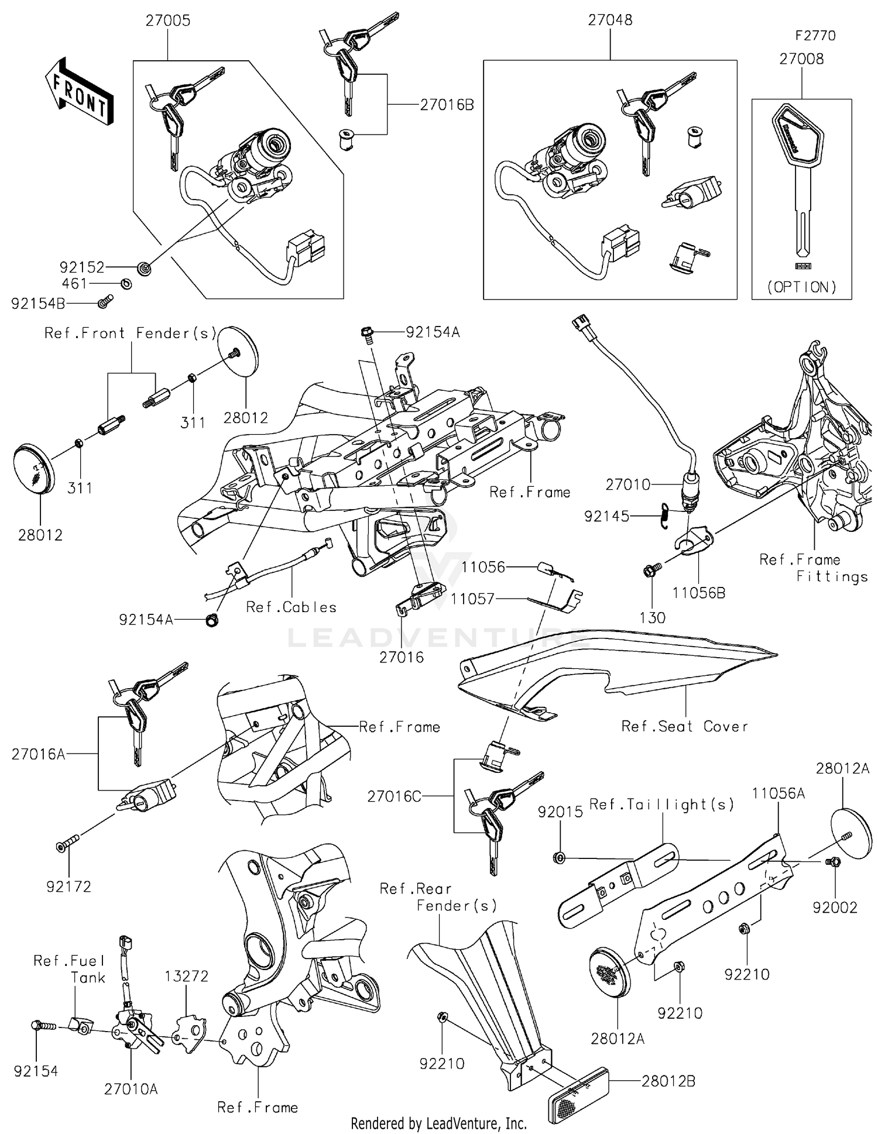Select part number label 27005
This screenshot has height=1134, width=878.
(x=168, y=20)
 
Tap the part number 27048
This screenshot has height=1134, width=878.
(x=610, y=20)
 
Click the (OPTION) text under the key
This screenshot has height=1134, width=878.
(x=801, y=287)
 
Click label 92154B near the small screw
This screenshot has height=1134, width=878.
(x=37, y=304)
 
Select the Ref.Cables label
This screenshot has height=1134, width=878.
(x=291, y=607)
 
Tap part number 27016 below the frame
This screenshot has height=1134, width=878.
(x=402, y=657)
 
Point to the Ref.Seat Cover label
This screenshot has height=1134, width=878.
(x=684, y=726)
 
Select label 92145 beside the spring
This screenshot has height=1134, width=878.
(x=606, y=516)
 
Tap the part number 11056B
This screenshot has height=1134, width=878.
(x=698, y=593)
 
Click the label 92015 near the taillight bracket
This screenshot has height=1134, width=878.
(x=560, y=812)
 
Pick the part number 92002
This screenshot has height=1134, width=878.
(x=834, y=908)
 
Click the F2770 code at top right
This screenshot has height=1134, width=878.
(x=815, y=36)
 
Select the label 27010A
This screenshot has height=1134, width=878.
(x=131, y=1089)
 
